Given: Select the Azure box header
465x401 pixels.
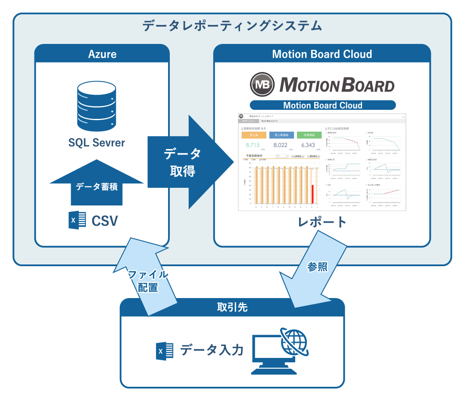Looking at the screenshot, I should [102, 54].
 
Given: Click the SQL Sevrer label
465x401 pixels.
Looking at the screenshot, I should [97, 143].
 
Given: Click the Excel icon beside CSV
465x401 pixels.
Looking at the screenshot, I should [77, 221].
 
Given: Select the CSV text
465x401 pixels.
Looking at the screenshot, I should [105, 221].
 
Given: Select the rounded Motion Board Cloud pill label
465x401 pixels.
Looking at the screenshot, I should [322, 105].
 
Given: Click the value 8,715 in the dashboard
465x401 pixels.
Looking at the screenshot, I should [252, 145].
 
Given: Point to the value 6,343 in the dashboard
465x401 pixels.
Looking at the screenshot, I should [309, 145].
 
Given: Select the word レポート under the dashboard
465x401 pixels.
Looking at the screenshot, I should [322, 222].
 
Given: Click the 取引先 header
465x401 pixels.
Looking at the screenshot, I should [232, 308].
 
